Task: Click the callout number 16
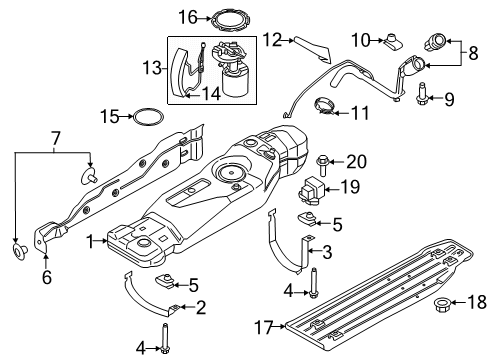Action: [188, 16]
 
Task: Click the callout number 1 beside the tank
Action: [89, 241]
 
